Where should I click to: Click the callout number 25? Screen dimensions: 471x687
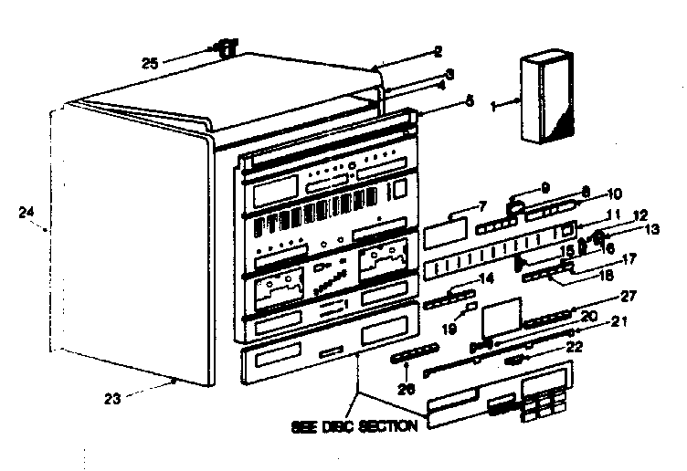tap(152, 63)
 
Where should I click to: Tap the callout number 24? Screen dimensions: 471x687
tap(26, 213)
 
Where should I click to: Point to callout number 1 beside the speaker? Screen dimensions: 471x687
tap(494, 106)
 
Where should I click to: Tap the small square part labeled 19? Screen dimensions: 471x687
tap(471, 314)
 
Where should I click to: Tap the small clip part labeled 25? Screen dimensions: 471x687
tap(226, 47)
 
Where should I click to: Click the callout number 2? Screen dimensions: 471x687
tap(439, 52)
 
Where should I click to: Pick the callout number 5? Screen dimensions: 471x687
tap(470, 102)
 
